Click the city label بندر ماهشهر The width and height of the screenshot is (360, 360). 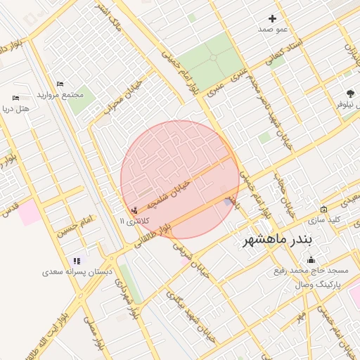pos(281,240)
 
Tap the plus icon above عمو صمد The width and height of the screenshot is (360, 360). pos(273,18)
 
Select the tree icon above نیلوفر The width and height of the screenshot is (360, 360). pos(350,93)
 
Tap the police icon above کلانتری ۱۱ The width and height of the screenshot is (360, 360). pos(134,210)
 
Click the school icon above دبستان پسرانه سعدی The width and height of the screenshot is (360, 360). pos(77,262)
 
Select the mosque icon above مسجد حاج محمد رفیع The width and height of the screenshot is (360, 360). pos(311,260)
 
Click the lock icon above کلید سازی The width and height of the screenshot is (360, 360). pos(323,209)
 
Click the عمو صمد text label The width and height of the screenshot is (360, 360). pos(273,29)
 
